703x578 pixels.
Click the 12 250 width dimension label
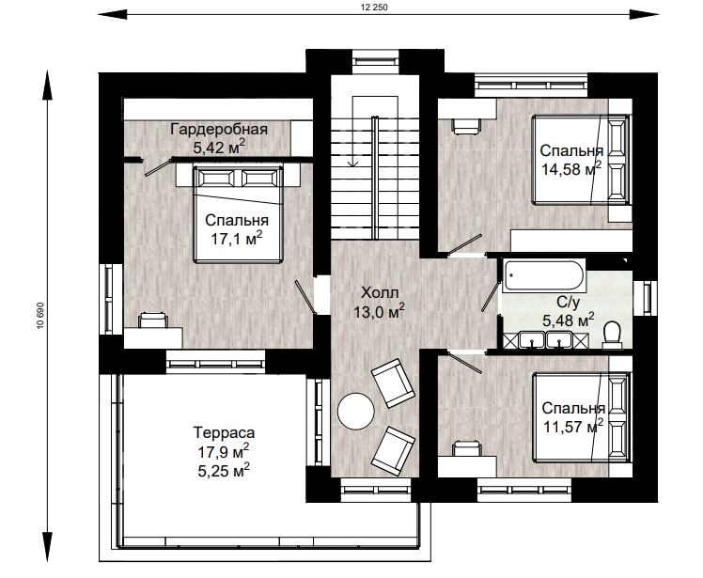[x=374, y=8]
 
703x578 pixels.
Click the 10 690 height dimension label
[x=40, y=316]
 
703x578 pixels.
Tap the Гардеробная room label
[x=219, y=129]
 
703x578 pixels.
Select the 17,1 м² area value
[x=236, y=238]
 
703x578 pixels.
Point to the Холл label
[x=380, y=293]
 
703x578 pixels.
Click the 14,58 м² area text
[x=570, y=168]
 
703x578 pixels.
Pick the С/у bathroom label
[x=568, y=303]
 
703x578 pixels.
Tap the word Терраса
[x=224, y=432]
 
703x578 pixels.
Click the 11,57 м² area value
[x=573, y=426]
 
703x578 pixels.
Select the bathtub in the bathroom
[x=544, y=275]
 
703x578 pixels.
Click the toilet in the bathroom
[x=612, y=336]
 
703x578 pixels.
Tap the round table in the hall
[x=355, y=412]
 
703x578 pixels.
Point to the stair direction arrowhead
[x=352, y=164]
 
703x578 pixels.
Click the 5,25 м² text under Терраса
[x=224, y=470]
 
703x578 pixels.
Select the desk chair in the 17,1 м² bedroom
[x=153, y=320]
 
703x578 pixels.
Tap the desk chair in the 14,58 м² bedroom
[x=466, y=126]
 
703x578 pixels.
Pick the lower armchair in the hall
[x=394, y=450]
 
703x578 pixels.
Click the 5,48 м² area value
[x=569, y=320]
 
